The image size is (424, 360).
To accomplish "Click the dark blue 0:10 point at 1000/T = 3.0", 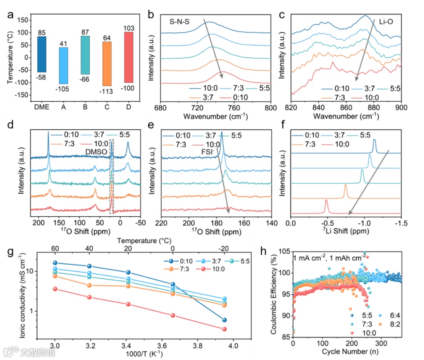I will pyautogui.click(x=55, y=263).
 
